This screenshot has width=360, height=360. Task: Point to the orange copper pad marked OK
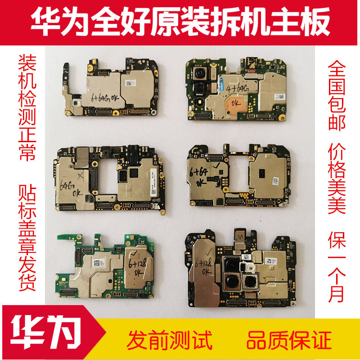pyautogui.click(x=234, y=102)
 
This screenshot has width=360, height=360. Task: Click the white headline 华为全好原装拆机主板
pyautogui.click(x=180, y=22)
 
